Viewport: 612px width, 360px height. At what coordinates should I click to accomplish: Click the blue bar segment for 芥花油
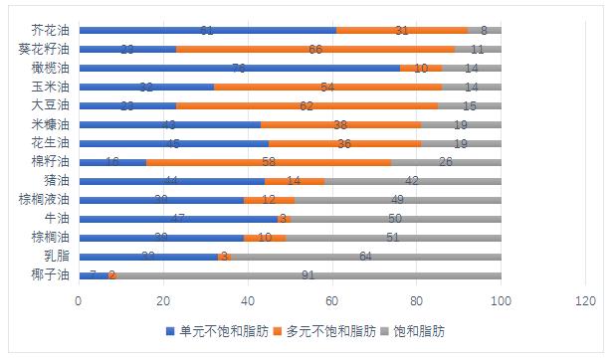click(207, 31)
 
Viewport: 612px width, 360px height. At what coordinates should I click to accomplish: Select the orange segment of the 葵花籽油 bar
click(315, 49)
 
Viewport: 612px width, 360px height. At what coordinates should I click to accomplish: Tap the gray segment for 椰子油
click(308, 274)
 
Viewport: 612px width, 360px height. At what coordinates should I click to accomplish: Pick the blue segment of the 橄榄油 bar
click(239, 68)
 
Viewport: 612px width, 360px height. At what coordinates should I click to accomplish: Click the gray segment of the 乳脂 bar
click(365, 256)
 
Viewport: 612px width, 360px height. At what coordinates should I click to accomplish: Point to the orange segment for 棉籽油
click(269, 161)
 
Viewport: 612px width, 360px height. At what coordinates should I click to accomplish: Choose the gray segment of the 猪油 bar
click(412, 181)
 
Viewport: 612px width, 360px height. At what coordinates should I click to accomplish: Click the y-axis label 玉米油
click(51, 87)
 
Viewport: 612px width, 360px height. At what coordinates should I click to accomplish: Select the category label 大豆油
click(51, 105)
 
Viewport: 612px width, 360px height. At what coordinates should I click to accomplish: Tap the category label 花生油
click(51, 143)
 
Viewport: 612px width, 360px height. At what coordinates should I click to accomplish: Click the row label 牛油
click(57, 218)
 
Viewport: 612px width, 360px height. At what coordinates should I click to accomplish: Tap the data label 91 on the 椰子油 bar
click(308, 274)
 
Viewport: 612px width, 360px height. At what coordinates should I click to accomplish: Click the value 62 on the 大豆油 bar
click(306, 105)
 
